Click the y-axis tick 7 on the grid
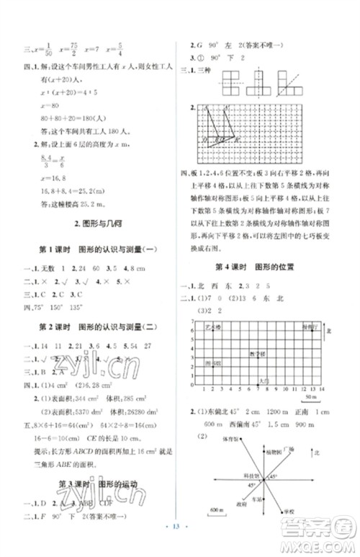[194, 320]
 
